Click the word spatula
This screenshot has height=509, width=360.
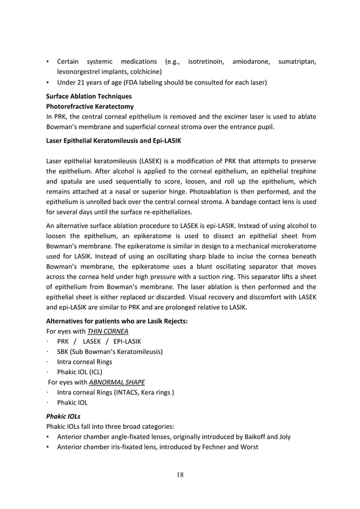coord(71,182)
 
